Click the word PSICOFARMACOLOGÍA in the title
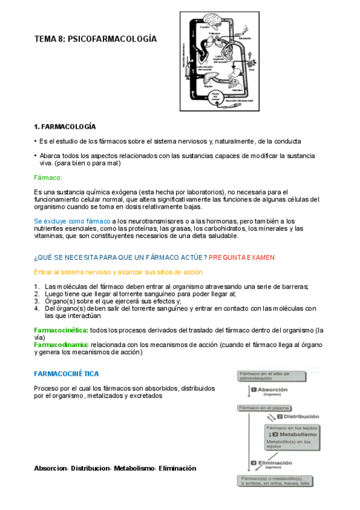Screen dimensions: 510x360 pos(112,39)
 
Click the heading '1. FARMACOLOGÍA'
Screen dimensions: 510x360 pos(64,127)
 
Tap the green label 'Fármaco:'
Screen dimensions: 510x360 pos(48,177)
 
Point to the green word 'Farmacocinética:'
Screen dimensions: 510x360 pos(61,330)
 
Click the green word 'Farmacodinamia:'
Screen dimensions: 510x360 pos(62,345)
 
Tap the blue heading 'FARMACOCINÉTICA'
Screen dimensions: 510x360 pos(67,373)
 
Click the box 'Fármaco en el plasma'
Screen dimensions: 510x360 pos(261,408)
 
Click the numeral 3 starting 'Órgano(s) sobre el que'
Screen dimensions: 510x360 pos(37,301)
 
